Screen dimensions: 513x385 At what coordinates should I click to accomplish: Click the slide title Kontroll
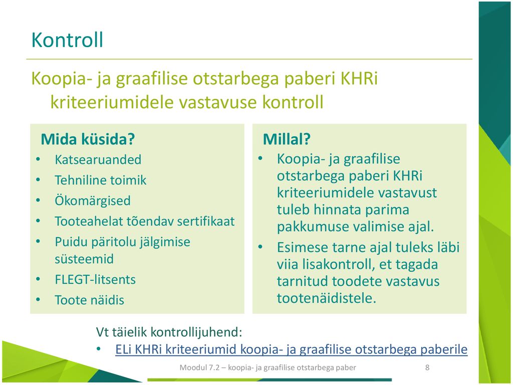pos(67,40)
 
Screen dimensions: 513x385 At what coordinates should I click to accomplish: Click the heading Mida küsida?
pos(88,139)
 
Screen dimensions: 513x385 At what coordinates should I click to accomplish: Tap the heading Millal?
pos(287,139)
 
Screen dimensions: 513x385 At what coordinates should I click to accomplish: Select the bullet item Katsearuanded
pos(98,160)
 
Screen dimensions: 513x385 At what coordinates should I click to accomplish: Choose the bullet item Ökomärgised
pos(93,201)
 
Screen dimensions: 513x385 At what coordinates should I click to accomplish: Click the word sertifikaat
pos(206,221)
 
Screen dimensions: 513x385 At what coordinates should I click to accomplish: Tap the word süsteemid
pos(84,259)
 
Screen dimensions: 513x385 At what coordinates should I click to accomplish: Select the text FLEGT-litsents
pos(95,280)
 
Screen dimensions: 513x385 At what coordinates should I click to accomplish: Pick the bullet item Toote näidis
pos(89,300)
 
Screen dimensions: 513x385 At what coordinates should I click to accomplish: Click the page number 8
pos(427,367)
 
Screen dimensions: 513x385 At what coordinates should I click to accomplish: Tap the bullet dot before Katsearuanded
pos(38,160)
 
